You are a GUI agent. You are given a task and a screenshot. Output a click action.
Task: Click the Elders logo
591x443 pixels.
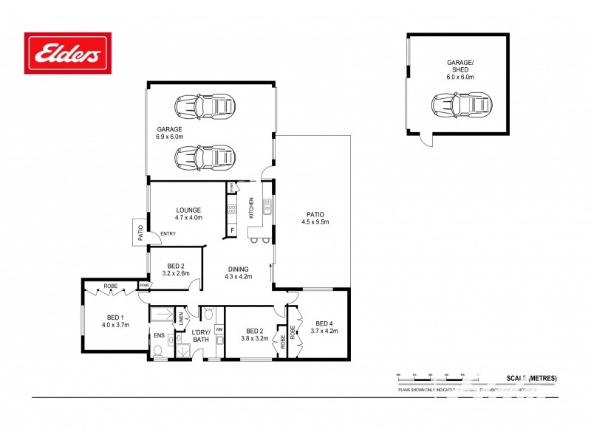[68, 53]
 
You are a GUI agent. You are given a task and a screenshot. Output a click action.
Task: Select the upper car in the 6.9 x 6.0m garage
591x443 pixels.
[205, 106]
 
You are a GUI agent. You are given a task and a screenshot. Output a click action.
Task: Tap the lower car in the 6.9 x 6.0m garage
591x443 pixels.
[205, 157]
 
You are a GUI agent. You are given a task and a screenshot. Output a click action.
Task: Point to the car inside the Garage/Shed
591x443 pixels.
[462, 106]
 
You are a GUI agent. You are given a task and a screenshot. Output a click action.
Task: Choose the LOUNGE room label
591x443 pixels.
[188, 210]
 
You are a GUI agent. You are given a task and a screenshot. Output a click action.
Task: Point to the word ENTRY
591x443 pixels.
[168, 235]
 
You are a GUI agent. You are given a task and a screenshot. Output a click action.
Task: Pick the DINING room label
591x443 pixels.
[238, 269]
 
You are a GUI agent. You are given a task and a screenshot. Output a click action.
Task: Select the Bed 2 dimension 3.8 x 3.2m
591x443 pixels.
[253, 340]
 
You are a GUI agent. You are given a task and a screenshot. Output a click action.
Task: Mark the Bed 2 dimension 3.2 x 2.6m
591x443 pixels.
[175, 273]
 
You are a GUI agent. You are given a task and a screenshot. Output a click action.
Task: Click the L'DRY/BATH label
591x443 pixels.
[202, 335]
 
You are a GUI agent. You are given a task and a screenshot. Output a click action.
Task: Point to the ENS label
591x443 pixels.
[158, 335]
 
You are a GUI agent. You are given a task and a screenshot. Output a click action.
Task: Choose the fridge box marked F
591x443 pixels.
[232, 232]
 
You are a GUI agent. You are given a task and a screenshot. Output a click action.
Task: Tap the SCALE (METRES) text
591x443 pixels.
[531, 378]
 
